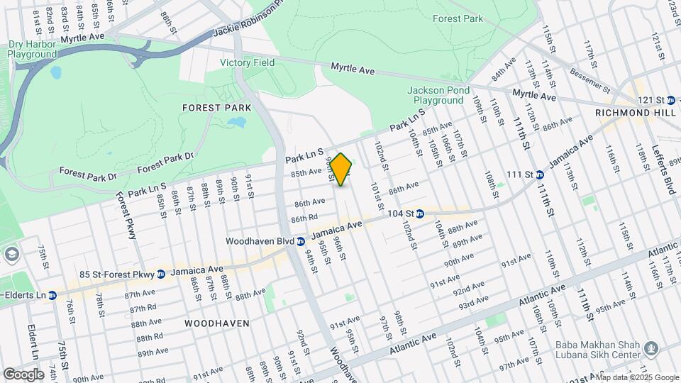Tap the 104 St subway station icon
click(x=420, y=213)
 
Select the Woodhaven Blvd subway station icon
click(x=301, y=241)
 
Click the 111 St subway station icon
click(x=540, y=174)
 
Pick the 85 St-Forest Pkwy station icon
click(x=162, y=274)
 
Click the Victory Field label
click(x=247, y=62)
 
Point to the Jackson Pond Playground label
click(x=439, y=95)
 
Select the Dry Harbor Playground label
click(x=32, y=49)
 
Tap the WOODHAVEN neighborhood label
click(x=217, y=323)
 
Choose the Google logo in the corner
click(x=23, y=374)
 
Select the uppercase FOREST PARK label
click(x=217, y=108)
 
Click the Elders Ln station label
click(x=27, y=294)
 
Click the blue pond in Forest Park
click(x=236, y=123)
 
